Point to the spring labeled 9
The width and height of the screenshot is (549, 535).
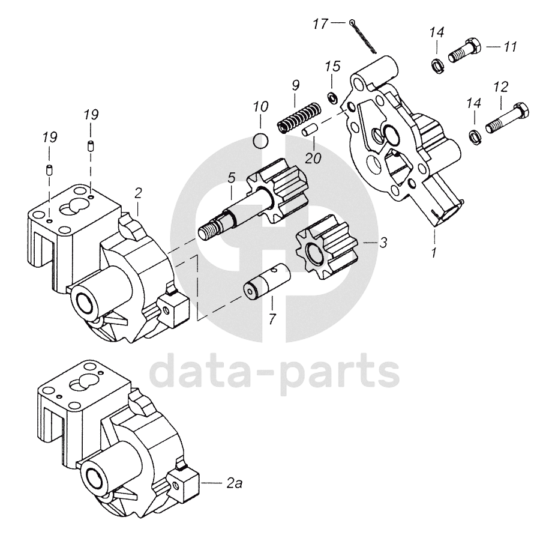(x=298, y=116)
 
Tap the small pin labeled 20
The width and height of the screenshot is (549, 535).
(x=308, y=128)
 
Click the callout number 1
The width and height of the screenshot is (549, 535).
(x=433, y=253)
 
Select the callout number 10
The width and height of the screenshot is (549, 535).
(x=260, y=107)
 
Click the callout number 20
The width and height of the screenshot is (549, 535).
(x=313, y=158)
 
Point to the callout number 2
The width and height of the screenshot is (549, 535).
(x=138, y=193)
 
